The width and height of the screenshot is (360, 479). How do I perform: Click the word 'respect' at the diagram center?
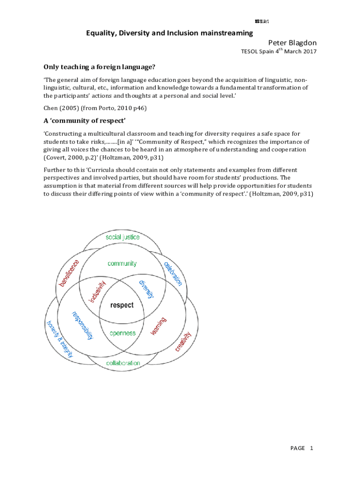pos(122,305)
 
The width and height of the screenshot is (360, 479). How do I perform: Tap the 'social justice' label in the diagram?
pos(122,237)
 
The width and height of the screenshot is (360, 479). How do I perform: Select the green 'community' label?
pos(122,263)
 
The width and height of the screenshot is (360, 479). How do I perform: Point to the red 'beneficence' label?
pos(69,273)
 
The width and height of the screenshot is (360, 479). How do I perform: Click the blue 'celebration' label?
pos(173,273)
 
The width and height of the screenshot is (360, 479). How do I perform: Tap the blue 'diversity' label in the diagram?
pos(146,290)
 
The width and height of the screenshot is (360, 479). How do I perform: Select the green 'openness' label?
pos(122,333)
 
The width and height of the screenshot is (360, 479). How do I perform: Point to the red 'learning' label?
pos(158,326)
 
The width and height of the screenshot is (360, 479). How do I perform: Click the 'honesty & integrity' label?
pos(60,339)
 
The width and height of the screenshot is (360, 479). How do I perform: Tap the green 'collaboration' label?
pos(123,363)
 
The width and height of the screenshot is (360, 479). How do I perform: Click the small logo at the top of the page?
pos(262,22)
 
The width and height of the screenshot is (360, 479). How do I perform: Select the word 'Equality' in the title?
pos(100,33)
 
